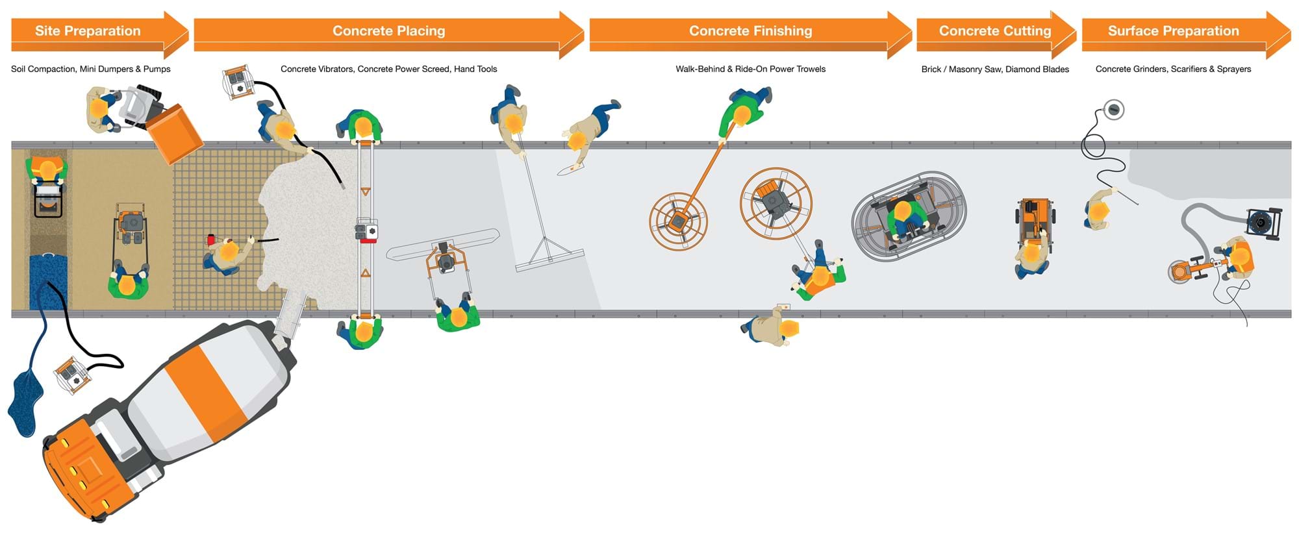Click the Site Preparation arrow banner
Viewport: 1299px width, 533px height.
[x=88, y=31]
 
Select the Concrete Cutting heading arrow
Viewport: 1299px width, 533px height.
[x=994, y=31]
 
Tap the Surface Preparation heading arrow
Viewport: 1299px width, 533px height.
[x=1173, y=31]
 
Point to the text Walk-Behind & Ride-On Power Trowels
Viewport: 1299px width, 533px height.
[x=750, y=69]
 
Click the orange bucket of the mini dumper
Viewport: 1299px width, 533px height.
[x=174, y=133]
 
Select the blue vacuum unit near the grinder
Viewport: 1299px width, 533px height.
[x=1263, y=223]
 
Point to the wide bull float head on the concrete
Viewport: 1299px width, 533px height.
[x=549, y=260]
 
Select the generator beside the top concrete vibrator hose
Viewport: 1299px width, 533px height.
[x=237, y=82]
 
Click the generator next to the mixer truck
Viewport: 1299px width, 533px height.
[x=72, y=375]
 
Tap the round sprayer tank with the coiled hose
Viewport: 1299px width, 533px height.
[x=1114, y=110]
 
